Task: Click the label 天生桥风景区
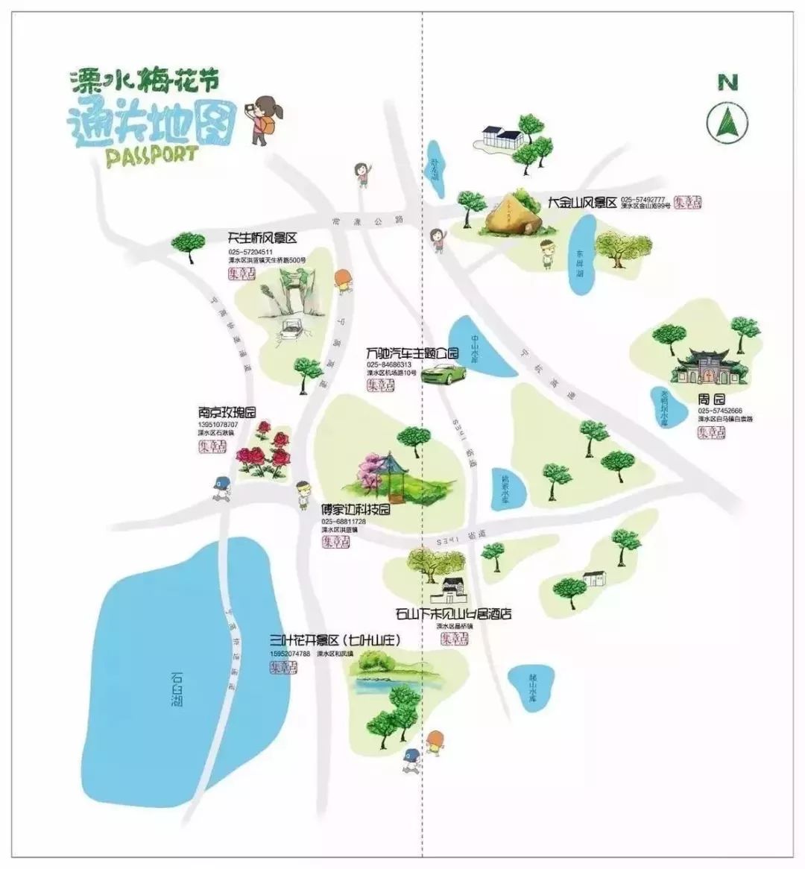point(262,238)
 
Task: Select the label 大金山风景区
point(582,203)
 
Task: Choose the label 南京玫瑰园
point(227,412)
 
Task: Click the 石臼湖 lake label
point(177,689)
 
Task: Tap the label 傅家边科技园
point(356,511)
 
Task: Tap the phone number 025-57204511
point(250,252)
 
